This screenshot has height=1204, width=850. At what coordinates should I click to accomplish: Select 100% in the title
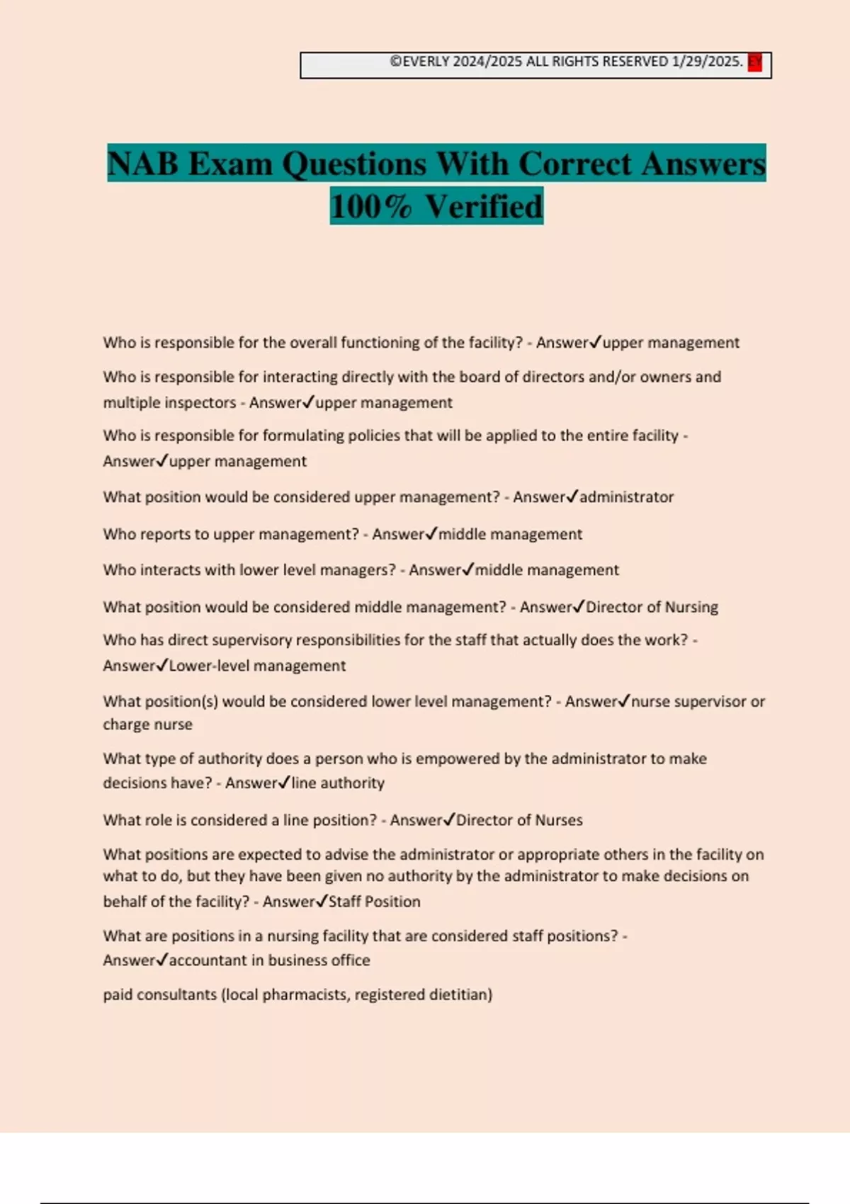(x=370, y=207)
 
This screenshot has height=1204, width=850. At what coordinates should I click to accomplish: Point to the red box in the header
(x=755, y=62)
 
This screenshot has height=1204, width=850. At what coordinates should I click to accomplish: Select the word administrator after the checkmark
(x=626, y=497)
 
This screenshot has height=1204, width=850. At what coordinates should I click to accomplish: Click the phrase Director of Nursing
(x=652, y=607)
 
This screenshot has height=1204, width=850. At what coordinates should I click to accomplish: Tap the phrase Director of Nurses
(x=519, y=820)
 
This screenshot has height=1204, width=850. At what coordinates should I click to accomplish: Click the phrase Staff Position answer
(x=374, y=902)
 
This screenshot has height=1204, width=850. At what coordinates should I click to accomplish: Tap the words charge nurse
(x=147, y=725)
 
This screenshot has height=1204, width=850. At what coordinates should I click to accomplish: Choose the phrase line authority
(x=338, y=783)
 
